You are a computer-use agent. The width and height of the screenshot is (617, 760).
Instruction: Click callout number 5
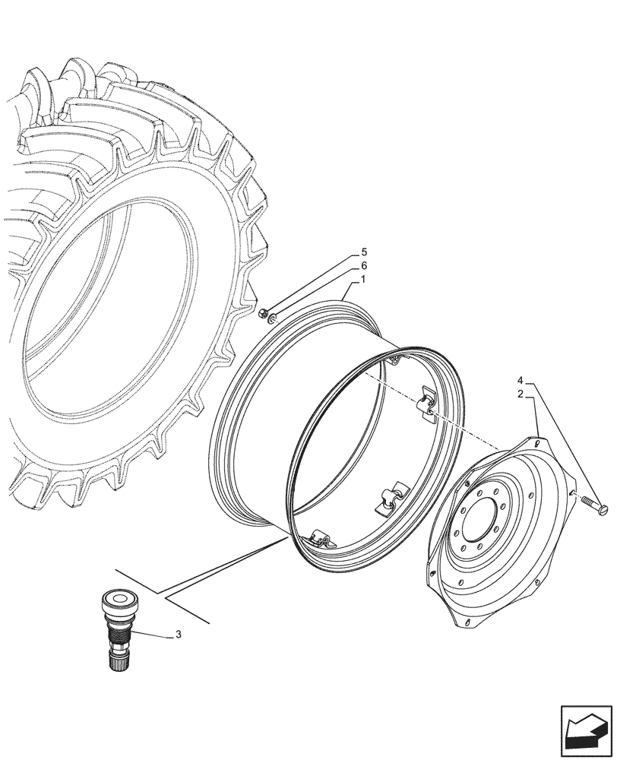pos(363,252)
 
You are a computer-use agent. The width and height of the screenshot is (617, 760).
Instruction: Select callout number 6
pos(363,266)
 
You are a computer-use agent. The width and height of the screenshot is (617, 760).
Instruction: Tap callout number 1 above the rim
pos(363,280)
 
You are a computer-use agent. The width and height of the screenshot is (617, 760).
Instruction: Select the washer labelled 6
pos(271,323)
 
